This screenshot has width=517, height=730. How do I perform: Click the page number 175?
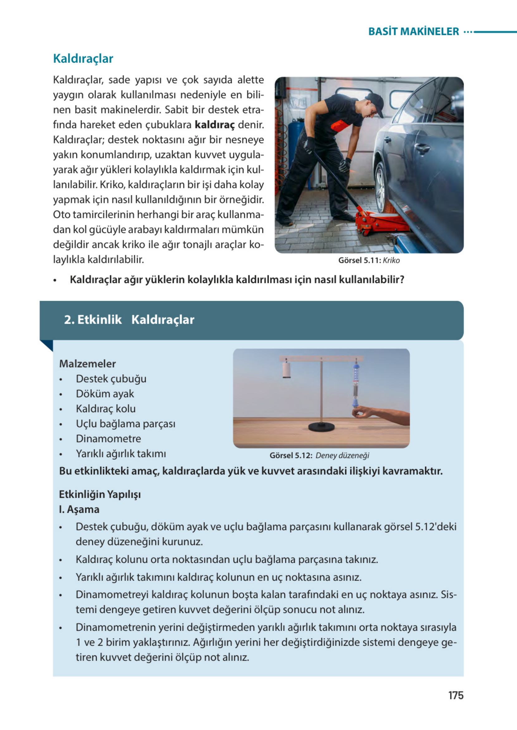pos(456,695)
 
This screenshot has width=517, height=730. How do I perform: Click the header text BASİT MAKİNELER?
pos(413,32)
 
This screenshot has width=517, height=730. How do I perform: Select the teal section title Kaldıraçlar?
pos(83,59)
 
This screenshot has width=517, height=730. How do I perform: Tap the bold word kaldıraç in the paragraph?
pos(214,124)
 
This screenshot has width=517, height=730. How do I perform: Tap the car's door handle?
pos(422,147)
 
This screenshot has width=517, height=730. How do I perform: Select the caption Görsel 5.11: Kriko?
pos(369,260)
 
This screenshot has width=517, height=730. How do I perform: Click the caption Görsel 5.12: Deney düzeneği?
pos(319,455)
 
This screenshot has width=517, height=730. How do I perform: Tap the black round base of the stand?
pos(321,427)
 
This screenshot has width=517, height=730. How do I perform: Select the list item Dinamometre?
pos(108,439)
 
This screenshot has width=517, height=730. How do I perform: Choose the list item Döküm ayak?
pos(105,394)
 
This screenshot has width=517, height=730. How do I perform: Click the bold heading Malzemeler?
pos(87,363)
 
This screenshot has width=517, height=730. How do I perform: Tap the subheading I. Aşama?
pos(79,509)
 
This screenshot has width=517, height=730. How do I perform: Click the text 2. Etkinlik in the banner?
pos(93,319)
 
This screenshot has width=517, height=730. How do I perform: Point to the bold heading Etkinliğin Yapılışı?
pos(100,494)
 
